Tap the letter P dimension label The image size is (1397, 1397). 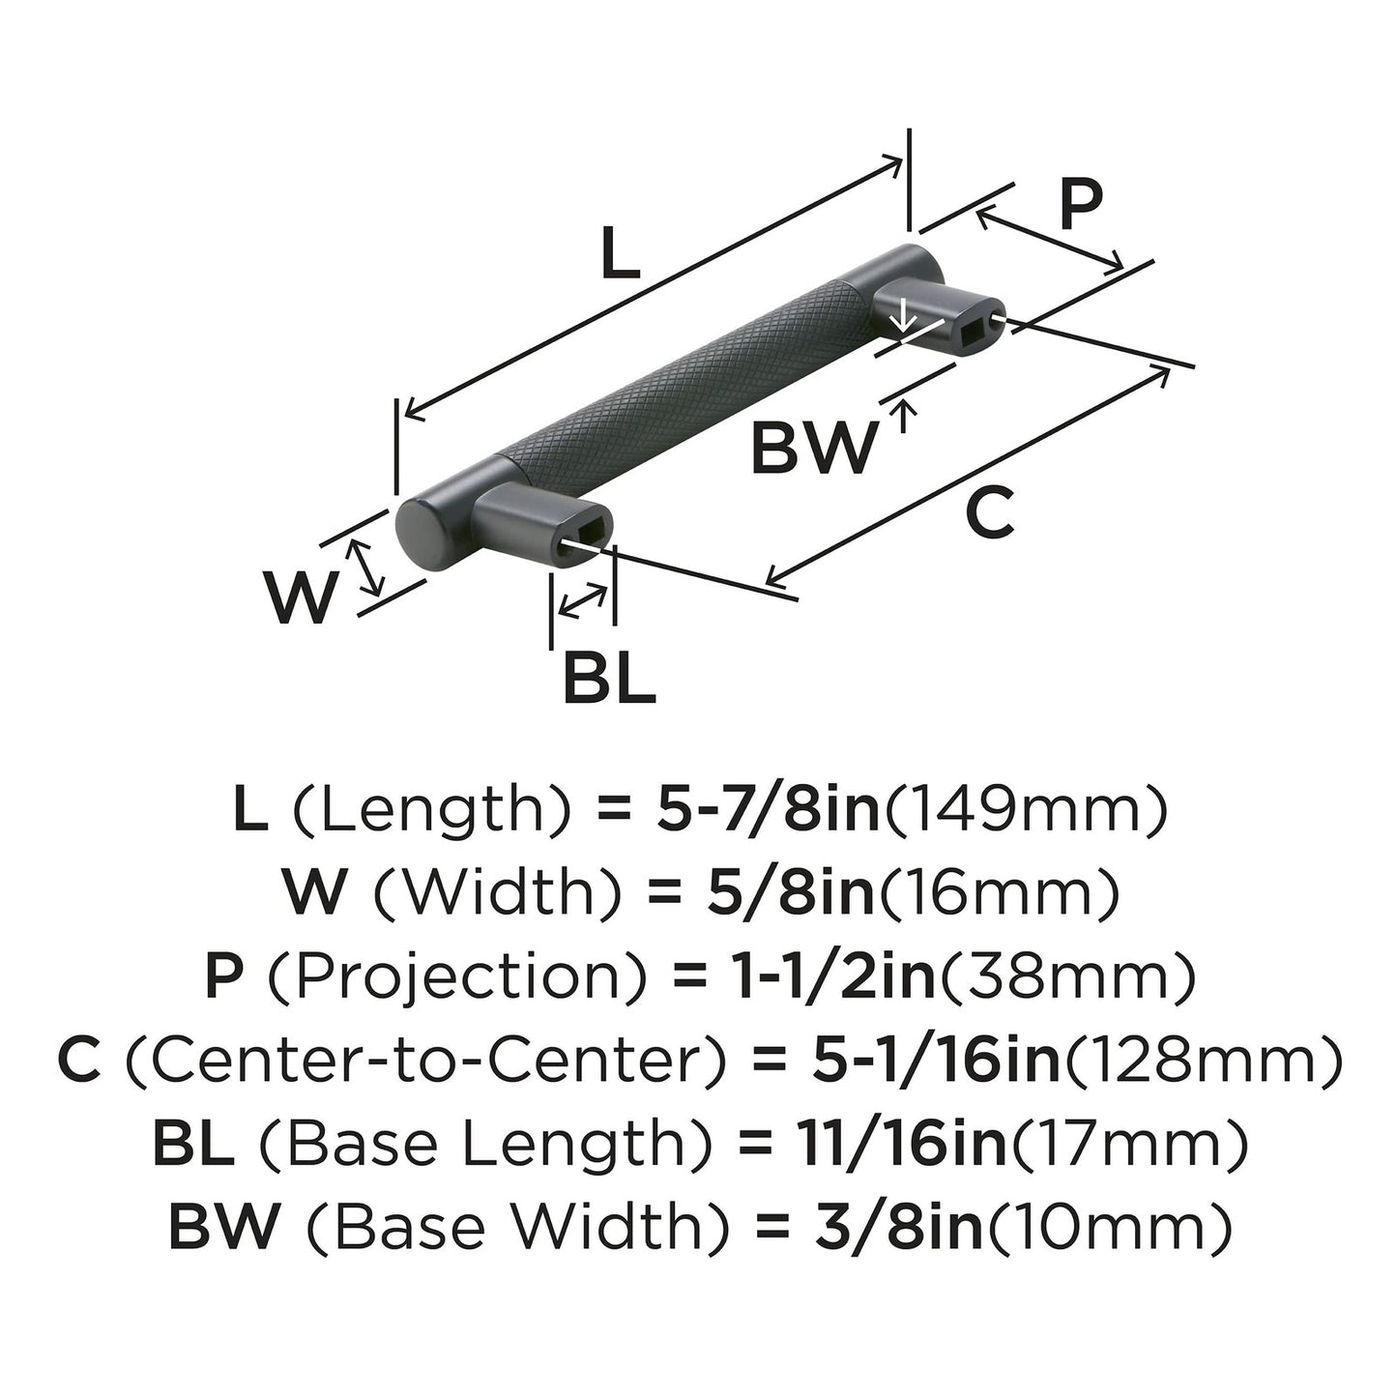click(x=1080, y=206)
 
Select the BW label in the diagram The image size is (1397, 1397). click(x=815, y=449)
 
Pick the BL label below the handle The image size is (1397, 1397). click(x=609, y=679)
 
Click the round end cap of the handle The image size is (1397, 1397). click(x=418, y=535)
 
